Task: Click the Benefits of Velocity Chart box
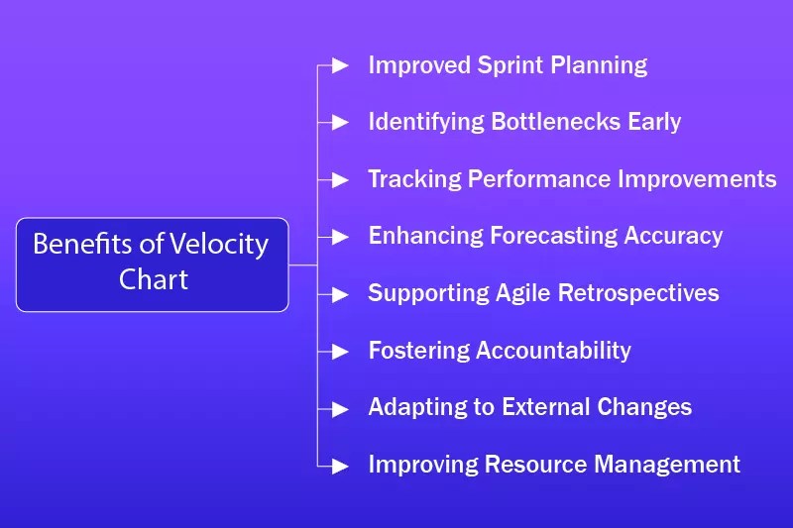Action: [x=153, y=264]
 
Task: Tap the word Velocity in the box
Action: [x=218, y=245]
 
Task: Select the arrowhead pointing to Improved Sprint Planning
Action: [x=340, y=65]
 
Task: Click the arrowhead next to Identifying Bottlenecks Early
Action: [x=340, y=122]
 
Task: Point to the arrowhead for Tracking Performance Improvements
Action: [x=340, y=180]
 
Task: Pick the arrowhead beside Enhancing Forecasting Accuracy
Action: [x=340, y=237]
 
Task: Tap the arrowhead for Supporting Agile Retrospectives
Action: [x=340, y=294]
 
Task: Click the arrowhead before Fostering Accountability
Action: [x=340, y=351]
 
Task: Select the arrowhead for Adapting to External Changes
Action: [x=340, y=409]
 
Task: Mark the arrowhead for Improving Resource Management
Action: [x=340, y=466]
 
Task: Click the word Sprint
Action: [x=510, y=65]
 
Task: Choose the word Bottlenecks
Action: [x=555, y=122]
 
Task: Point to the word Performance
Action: [x=539, y=179]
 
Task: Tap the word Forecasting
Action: [x=553, y=237]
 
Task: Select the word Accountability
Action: [x=553, y=351]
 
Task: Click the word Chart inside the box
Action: [x=154, y=279]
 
